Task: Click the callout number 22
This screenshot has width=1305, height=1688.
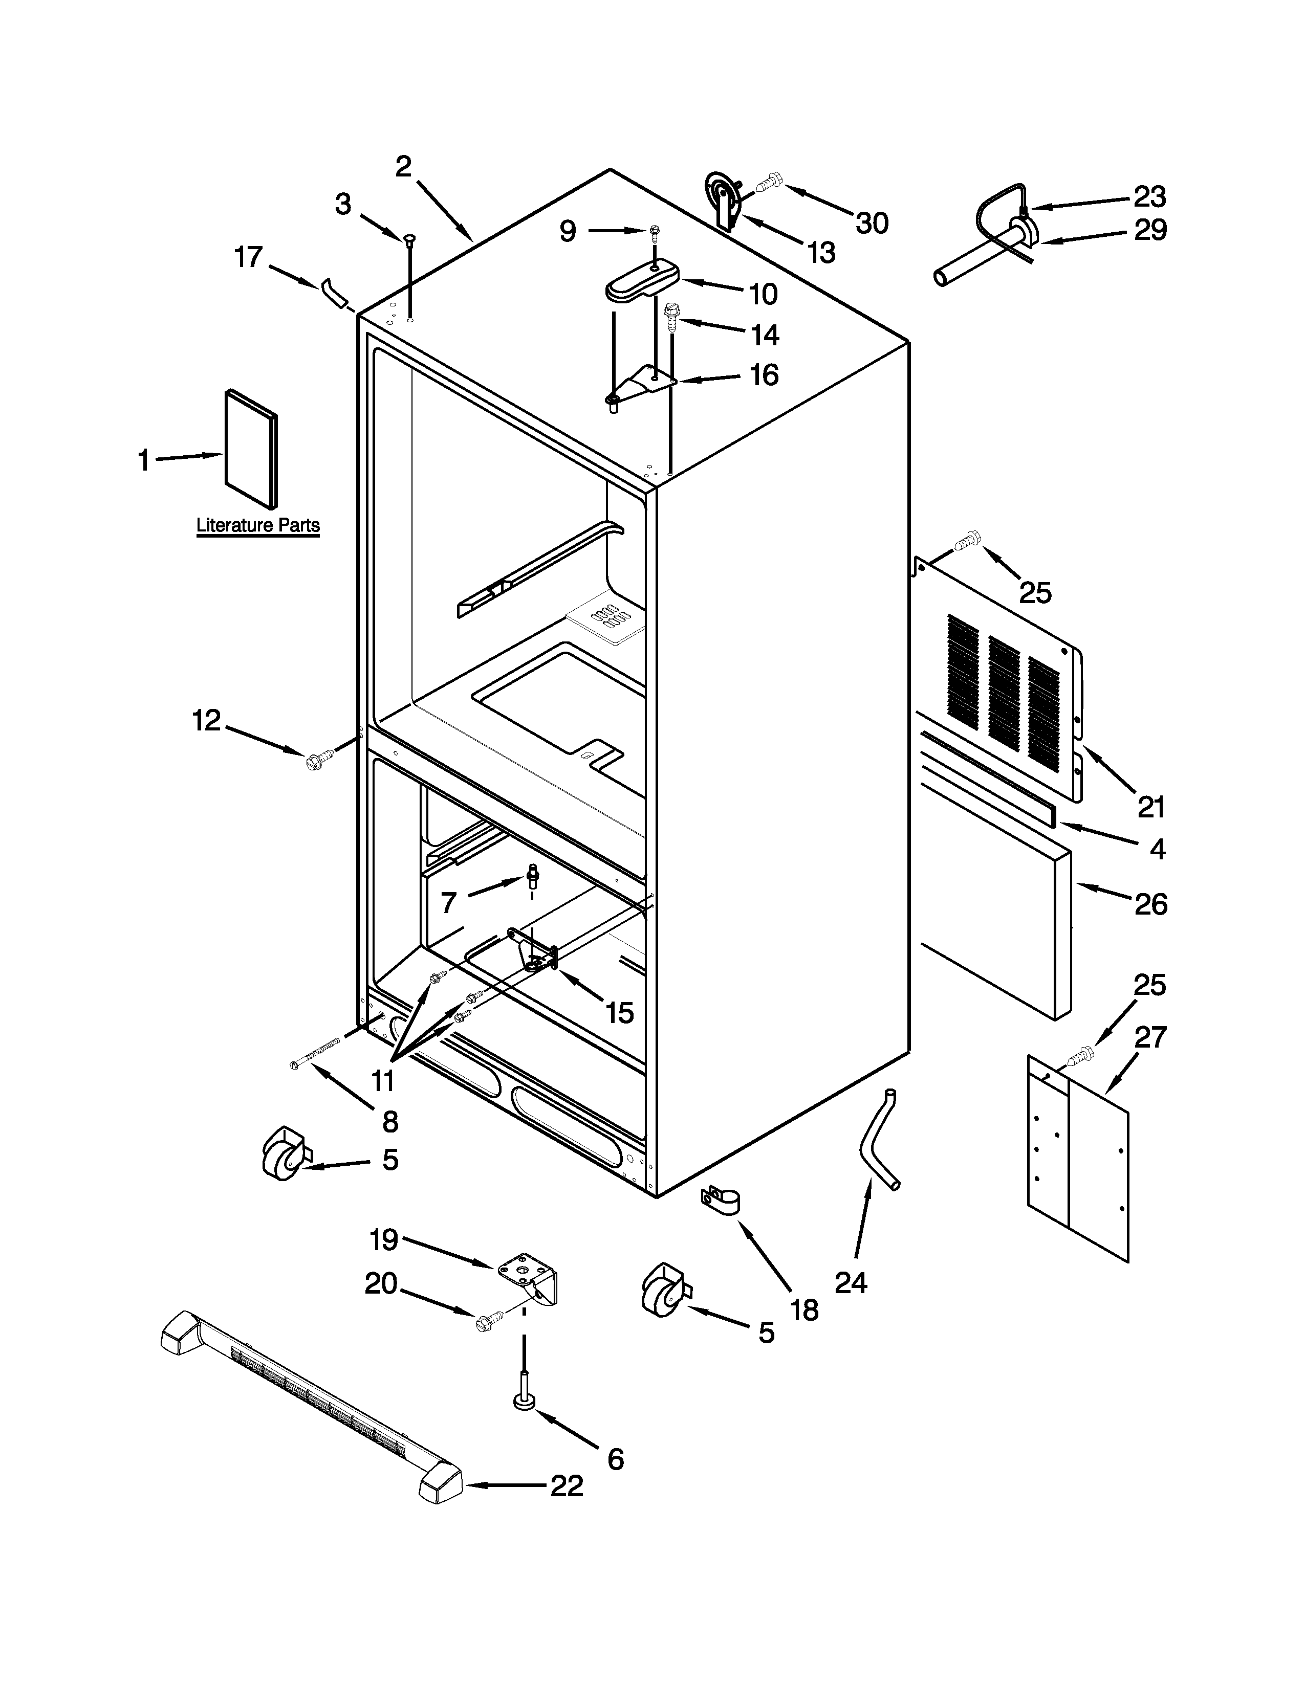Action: point(567,1485)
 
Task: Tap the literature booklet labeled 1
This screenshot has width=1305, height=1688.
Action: point(250,450)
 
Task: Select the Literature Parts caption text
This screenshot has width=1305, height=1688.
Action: point(257,525)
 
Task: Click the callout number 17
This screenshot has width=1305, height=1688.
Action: point(249,257)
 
